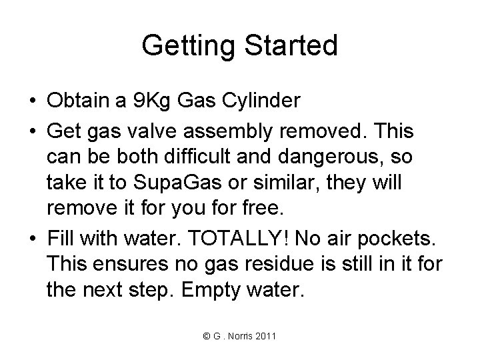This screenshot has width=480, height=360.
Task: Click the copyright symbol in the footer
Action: tap(202, 335)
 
